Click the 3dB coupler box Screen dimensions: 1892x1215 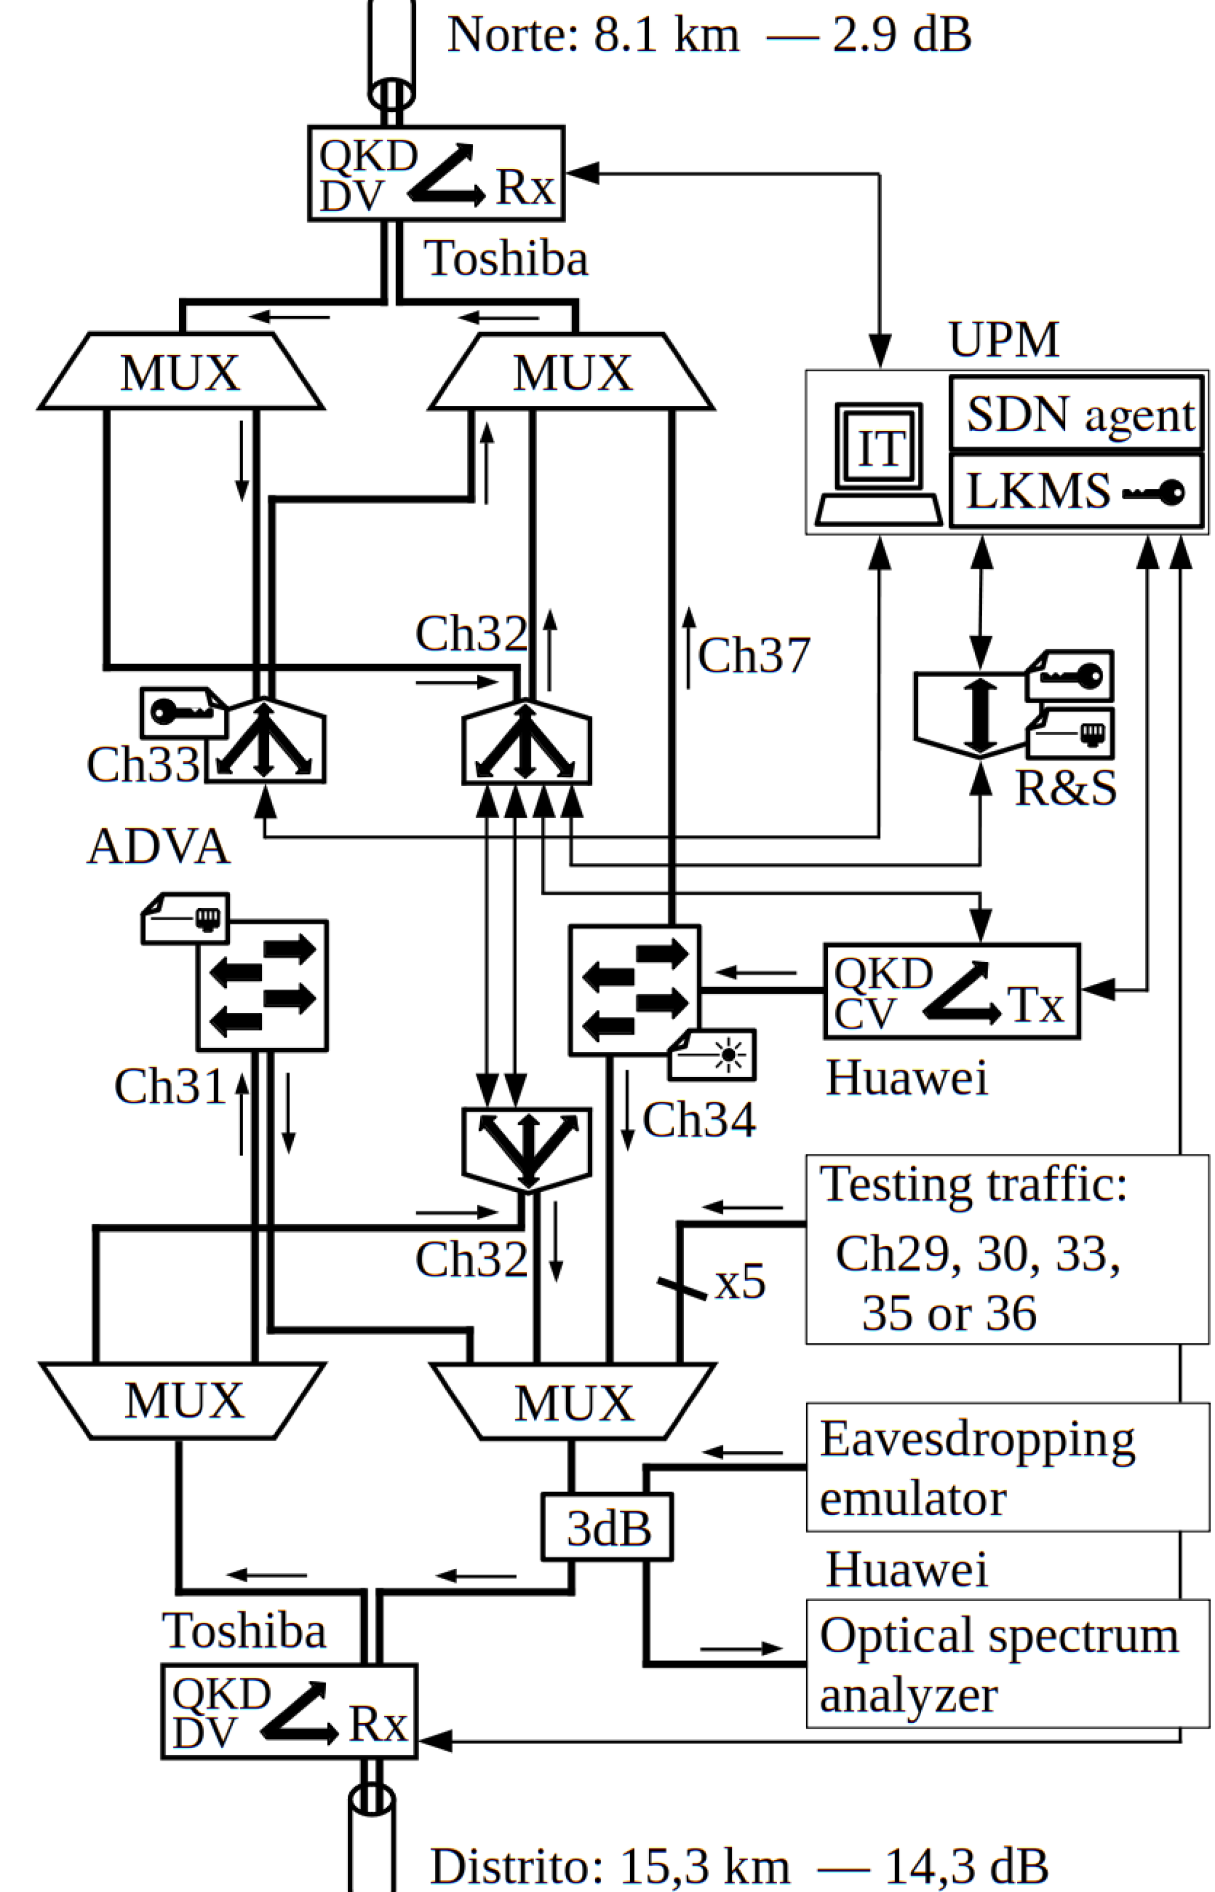point(606,1527)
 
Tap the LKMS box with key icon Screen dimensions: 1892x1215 point(1078,490)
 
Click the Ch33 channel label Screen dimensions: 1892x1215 point(143,764)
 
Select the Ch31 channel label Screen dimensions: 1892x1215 point(171,1086)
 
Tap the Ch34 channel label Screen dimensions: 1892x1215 point(699,1119)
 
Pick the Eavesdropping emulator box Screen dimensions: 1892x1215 point(1007,1467)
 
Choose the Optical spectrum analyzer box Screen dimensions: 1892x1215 point(1007,1663)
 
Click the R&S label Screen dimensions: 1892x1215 point(1065,788)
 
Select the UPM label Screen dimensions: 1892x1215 point(1003,339)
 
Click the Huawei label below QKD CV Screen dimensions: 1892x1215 point(906,1078)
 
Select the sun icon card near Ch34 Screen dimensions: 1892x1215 point(712,1055)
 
